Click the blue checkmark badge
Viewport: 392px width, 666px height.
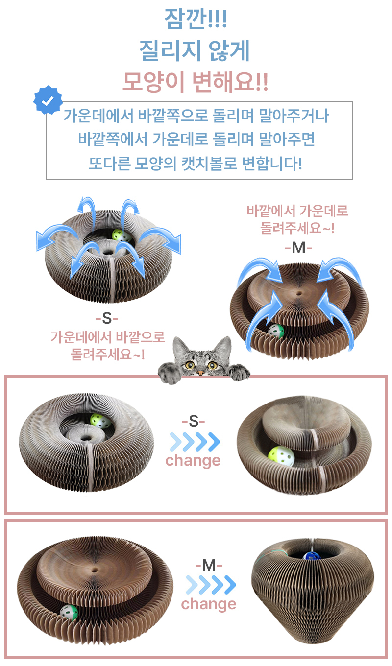48,100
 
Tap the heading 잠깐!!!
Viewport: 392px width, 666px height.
196,19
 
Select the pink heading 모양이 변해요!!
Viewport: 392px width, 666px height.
196,81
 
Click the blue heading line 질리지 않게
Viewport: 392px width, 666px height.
195,50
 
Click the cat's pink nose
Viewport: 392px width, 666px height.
201,372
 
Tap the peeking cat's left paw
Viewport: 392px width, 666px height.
170,373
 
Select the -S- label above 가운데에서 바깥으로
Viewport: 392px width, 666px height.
107,319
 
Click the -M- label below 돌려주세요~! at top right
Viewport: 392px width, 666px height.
298,247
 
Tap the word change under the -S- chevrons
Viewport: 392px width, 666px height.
193,461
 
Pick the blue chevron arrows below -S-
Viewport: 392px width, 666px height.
195,442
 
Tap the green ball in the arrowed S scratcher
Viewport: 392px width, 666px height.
122,236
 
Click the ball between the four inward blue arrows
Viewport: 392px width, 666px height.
276,331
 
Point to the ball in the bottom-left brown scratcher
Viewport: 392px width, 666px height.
69,613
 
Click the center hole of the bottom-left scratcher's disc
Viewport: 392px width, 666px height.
95,570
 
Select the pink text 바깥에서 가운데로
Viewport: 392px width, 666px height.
297,211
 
